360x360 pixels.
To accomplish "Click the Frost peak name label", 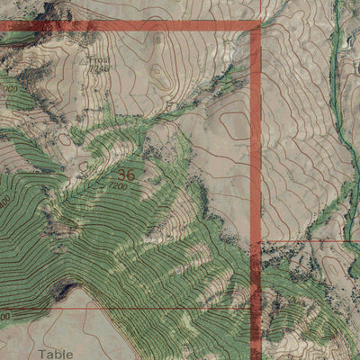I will [100, 57].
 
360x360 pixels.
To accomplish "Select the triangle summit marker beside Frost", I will [85, 59].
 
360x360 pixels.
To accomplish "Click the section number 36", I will [126, 175].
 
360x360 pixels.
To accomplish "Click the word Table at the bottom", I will [56, 354].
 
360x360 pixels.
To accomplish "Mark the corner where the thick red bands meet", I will [256, 26].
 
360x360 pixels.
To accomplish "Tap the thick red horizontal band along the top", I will [135, 26].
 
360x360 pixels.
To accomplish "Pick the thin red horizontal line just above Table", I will [135, 308].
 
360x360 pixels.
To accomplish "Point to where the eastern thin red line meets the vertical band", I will [257, 241].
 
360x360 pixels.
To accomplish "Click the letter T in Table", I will [42, 354].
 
